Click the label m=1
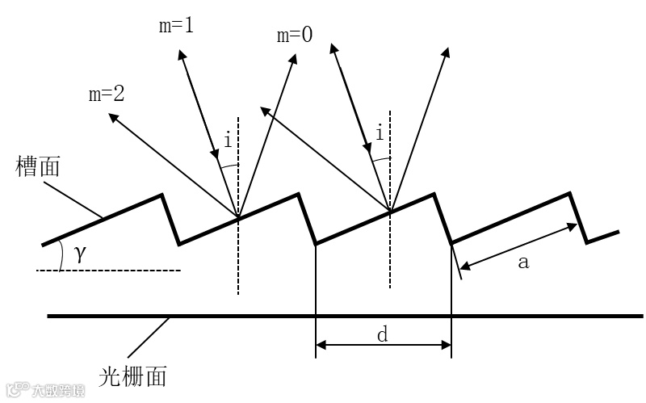click(177, 25)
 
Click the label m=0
click(294, 36)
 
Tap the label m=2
click(107, 94)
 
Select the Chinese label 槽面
click(39, 168)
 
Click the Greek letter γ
click(79, 254)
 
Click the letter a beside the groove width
click(522, 262)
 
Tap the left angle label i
click(229, 141)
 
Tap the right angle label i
click(380, 128)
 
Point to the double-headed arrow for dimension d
click(383, 346)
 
